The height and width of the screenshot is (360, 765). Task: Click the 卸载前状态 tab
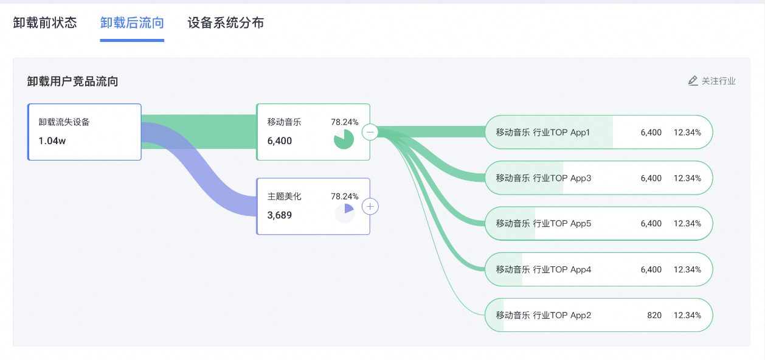[45, 23]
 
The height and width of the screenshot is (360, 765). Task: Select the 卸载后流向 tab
[132, 23]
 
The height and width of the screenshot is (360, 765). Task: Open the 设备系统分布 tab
[226, 23]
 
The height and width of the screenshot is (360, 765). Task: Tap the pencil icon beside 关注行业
[693, 81]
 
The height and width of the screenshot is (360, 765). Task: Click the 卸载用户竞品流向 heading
[72, 81]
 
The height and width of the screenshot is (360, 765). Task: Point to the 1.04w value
[52, 140]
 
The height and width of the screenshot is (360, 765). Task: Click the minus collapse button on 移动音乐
[370, 132]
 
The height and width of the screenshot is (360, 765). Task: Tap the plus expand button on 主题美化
[370, 207]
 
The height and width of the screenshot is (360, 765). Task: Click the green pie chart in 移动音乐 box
[344, 139]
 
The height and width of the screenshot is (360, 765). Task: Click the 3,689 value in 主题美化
[279, 215]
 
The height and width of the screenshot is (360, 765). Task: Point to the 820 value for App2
[654, 315]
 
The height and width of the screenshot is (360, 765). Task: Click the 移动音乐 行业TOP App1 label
[542, 133]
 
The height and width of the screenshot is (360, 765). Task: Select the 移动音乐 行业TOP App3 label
[544, 178]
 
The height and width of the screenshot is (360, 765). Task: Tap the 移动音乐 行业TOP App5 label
[544, 224]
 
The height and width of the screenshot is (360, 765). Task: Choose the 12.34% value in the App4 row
[687, 269]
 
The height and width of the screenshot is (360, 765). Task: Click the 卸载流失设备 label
[64, 122]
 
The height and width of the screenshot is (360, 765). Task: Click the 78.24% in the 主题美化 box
[345, 196]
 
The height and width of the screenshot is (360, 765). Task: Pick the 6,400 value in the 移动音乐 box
[279, 140]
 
